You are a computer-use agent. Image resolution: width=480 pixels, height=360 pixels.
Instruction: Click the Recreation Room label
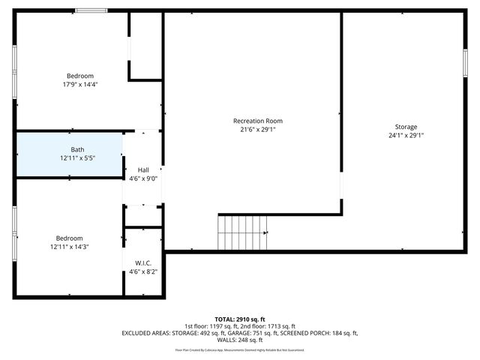257,121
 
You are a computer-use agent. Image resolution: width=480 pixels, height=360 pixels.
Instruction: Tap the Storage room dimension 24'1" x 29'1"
406,136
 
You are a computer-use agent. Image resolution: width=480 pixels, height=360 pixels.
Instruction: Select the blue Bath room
69,154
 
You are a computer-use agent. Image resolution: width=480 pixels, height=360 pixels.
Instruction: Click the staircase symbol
242,232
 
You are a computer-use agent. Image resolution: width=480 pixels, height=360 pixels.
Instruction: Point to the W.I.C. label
143,263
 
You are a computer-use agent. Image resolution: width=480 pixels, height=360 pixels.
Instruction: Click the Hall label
142,170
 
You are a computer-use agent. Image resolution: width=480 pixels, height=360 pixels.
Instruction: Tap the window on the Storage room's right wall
465,62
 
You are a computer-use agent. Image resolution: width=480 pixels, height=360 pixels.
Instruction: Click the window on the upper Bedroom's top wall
91,10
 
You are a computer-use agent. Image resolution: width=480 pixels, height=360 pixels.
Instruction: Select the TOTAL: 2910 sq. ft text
239,319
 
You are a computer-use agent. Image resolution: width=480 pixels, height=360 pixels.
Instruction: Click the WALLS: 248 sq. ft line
239,340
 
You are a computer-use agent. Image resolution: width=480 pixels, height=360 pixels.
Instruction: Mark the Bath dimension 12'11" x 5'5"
78,158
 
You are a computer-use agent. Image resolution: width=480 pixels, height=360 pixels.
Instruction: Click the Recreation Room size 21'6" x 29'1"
257,129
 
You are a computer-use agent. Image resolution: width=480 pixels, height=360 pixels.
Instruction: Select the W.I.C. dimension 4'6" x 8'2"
143,271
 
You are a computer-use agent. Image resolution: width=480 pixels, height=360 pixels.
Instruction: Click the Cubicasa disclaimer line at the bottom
239,349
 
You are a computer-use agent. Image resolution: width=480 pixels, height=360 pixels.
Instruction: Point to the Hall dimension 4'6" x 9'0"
142,178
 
